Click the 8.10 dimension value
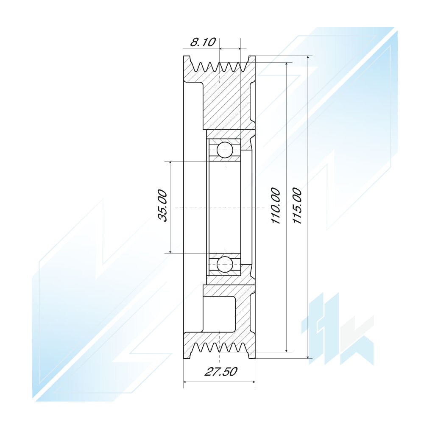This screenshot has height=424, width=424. [203, 42]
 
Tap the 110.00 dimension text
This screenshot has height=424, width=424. [276, 206]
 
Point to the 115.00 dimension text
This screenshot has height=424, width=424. [297, 206]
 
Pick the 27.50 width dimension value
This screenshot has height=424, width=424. [221, 371]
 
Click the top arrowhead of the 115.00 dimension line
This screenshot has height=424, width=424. [308, 58]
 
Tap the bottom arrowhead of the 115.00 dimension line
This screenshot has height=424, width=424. [308, 357]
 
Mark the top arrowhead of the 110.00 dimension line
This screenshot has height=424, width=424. [287, 64]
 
